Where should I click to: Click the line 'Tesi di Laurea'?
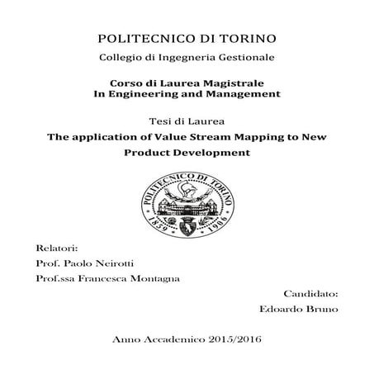pyautogui.click(x=187, y=120)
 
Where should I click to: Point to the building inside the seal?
pyautogui.click(x=187, y=202)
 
